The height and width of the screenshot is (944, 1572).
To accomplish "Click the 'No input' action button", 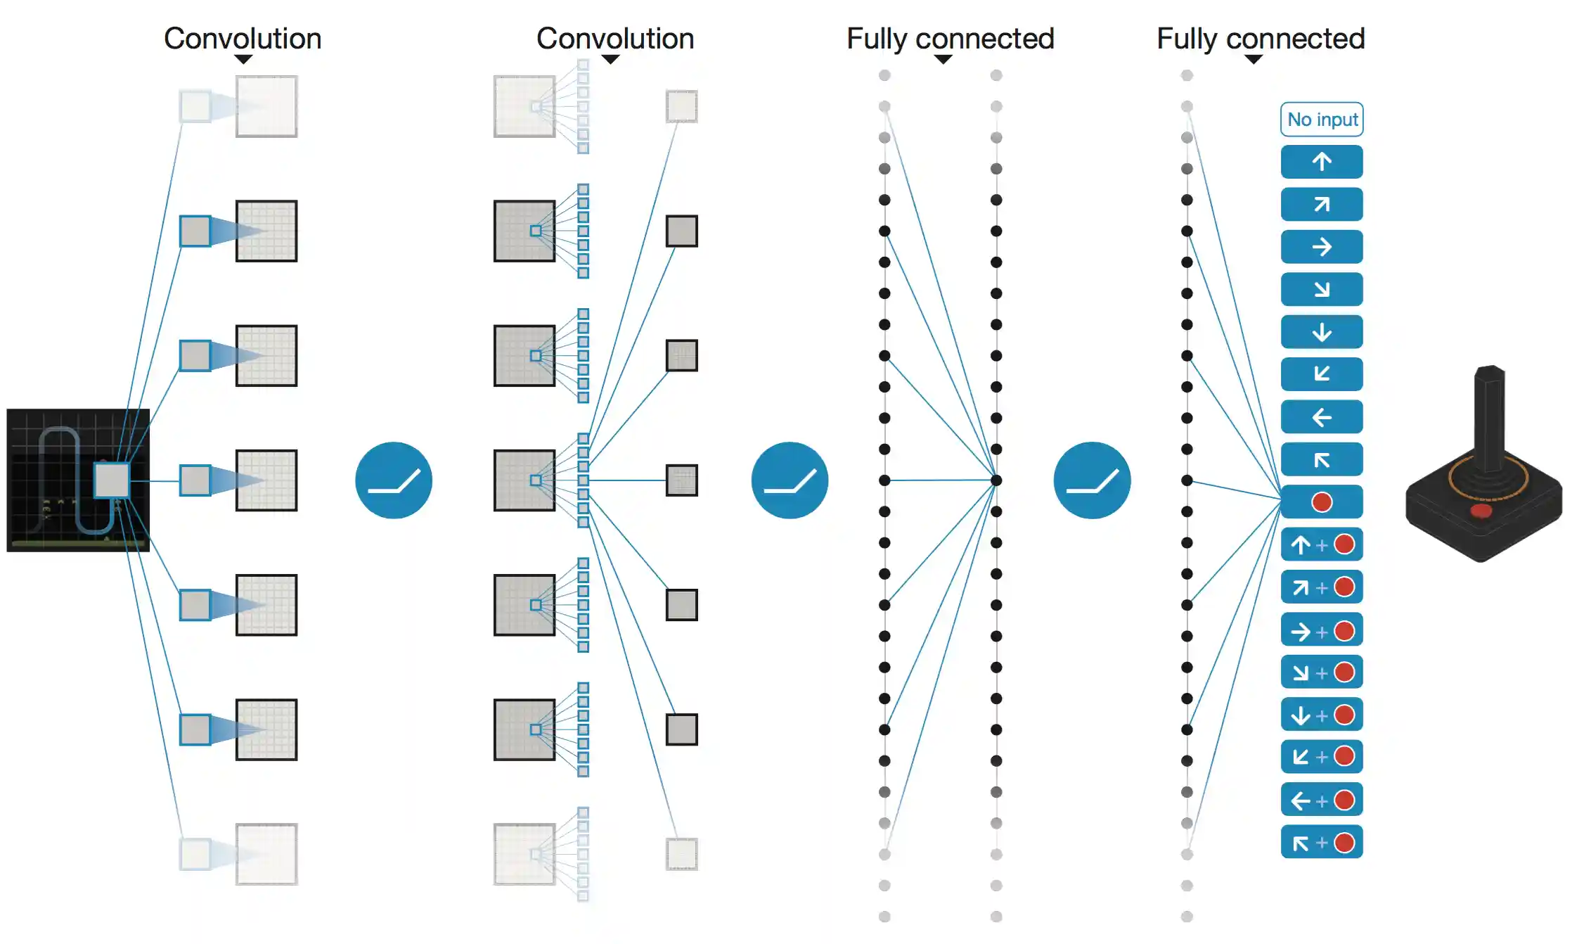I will coord(1321,120).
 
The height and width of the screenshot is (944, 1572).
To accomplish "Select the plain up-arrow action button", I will coord(1321,162).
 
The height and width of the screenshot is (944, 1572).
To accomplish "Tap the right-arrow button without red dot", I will coord(1321,247).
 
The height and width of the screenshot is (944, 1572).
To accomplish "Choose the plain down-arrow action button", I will coord(1321,332).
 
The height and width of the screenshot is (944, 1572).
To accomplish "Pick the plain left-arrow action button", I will coord(1321,417).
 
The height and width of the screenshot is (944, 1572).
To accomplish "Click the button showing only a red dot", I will coord(1321,502).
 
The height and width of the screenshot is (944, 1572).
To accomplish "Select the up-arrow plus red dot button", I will coord(1321,544).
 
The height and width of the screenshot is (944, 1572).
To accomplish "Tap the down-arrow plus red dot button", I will coord(1321,715).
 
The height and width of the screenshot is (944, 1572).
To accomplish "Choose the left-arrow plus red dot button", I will coord(1321,800).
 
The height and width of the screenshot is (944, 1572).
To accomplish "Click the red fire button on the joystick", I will coord(1481,510).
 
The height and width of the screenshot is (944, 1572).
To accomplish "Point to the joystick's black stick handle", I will coord(1489,415).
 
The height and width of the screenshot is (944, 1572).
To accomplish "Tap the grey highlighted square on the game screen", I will coord(112,480).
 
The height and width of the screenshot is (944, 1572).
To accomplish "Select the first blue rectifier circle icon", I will coord(394,480).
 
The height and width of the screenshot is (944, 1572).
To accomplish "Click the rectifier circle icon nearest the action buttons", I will coord(1092,480).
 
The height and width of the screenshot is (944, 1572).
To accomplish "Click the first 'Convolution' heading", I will coord(243,39).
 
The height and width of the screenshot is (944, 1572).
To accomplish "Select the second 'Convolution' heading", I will coord(615,39).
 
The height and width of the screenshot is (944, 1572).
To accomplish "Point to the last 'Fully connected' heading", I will coord(1261,39).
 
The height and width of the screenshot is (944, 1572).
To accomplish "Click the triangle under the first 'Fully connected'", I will coord(943,60).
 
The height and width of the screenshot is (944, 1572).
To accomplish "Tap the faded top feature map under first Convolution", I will coord(266,106).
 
